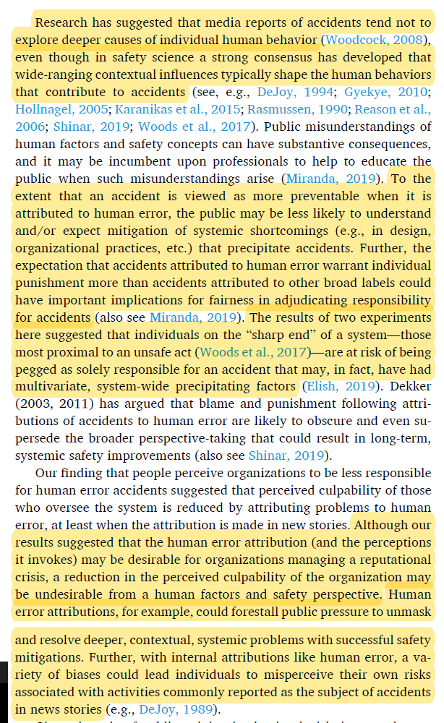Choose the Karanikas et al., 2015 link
177,109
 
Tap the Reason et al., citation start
396,109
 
